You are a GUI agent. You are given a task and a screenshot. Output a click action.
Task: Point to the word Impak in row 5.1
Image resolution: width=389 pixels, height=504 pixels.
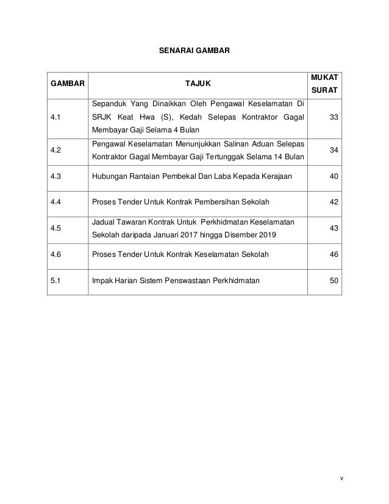(101, 281)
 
